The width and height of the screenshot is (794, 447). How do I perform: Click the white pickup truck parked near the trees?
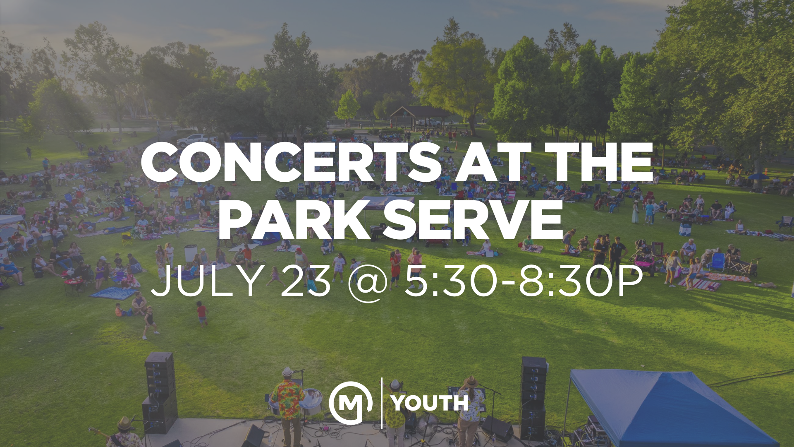(x=196, y=140)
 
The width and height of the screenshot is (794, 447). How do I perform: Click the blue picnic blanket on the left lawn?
(x=112, y=293)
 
